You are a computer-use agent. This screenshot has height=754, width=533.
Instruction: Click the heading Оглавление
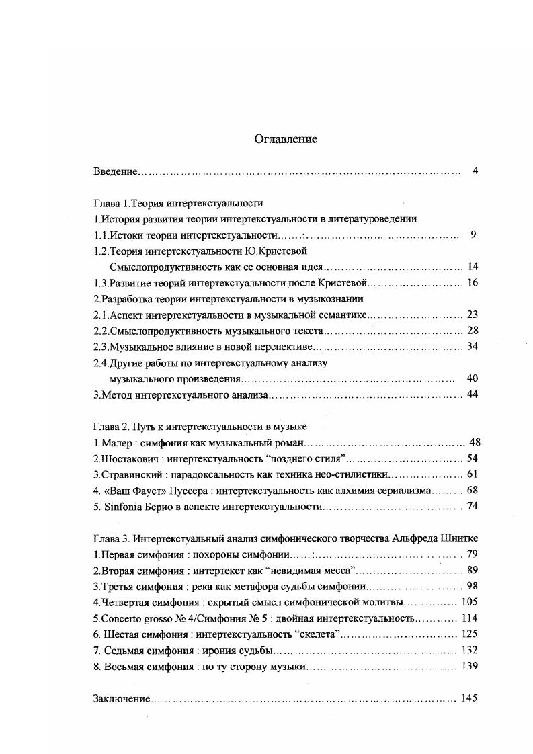pos(286,140)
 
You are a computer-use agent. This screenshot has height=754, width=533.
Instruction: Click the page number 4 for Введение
pos(475,171)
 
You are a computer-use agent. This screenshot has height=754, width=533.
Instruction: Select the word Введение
pos(114,172)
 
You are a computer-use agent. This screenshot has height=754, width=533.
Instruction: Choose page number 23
pos(472,315)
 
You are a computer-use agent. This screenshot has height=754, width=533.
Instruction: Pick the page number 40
pos(472,378)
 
